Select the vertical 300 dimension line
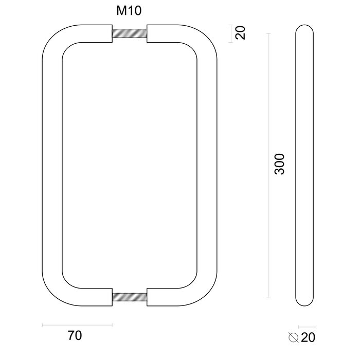(x=268, y=165)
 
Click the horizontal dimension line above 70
(x=77, y=325)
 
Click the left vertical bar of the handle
(x=51, y=165)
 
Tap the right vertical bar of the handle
(x=207, y=165)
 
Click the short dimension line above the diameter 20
(x=307, y=327)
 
